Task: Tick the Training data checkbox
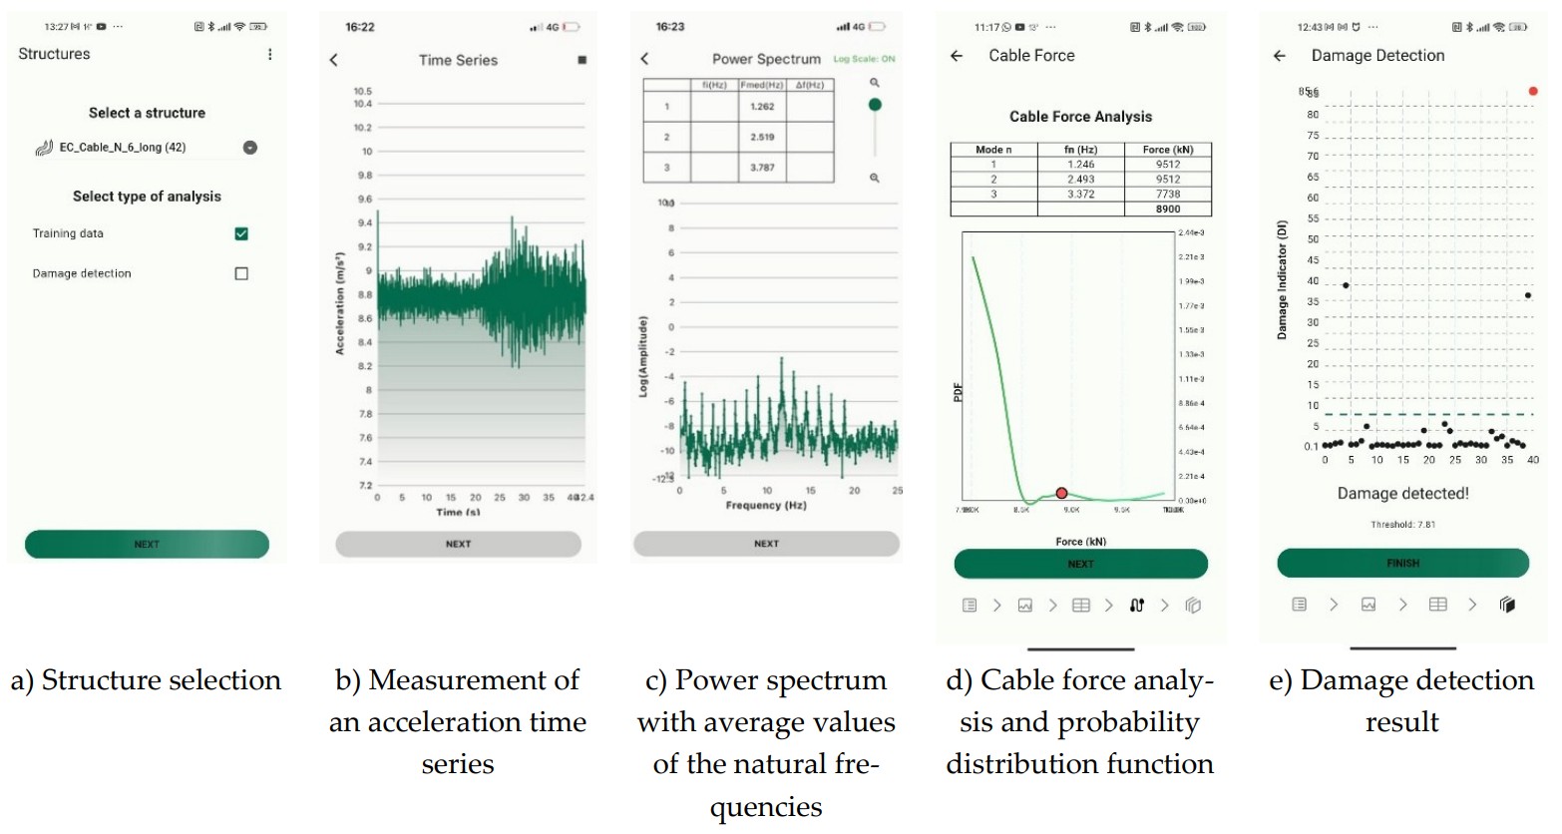241,233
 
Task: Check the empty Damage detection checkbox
241,273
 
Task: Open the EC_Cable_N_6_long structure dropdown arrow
250,148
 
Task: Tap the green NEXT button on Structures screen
147,544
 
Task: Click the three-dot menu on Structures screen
269,55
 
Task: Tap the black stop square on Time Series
583,61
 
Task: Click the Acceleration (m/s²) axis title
340,302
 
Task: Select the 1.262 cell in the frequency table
762,107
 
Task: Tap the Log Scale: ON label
864,60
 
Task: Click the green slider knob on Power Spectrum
875,105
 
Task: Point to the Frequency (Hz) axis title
766,506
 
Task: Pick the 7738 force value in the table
1168,195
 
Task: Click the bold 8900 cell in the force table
1168,209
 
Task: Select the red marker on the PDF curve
1061,493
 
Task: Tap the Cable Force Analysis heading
1080,117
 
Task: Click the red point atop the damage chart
1533,92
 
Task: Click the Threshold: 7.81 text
1402,525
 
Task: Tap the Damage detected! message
1402,494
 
